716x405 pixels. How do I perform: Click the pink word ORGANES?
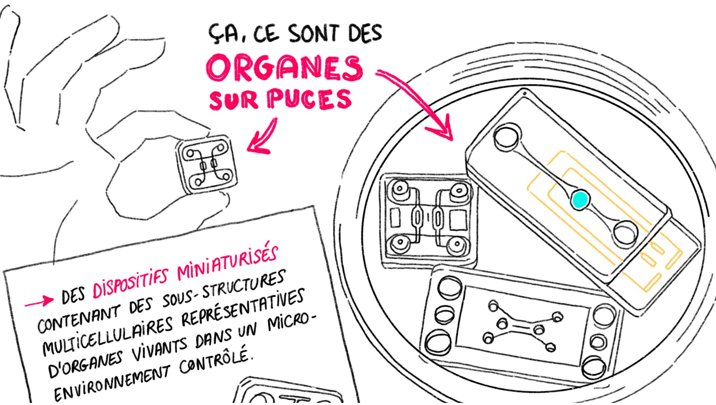tap(284, 68)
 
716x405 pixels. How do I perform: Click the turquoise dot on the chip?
tap(579, 199)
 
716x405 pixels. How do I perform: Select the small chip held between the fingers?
tap(206, 164)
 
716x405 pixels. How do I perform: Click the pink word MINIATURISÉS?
tap(227, 264)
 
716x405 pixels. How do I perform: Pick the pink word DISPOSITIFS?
tap(130, 284)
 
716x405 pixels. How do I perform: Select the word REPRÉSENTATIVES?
tap(242, 308)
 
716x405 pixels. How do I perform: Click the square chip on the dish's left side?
tap(428, 220)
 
